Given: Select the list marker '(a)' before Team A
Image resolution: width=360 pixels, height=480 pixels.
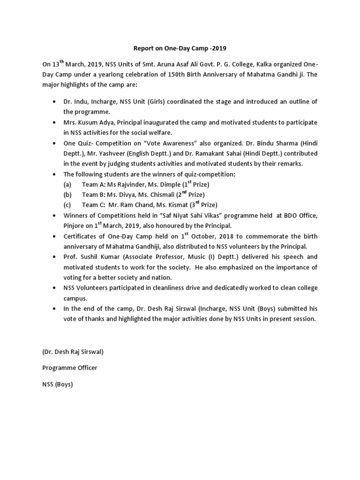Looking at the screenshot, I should click(x=68, y=184).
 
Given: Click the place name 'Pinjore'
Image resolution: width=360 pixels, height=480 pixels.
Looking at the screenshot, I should click(x=75, y=225).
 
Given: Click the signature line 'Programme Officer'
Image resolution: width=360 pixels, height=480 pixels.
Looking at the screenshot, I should click(x=70, y=368).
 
